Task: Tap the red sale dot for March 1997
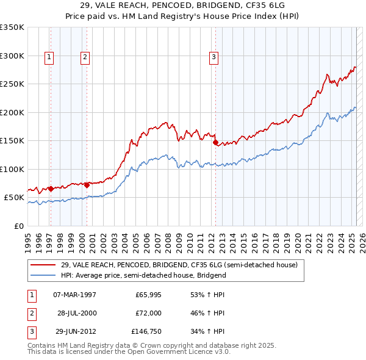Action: click(x=51, y=189)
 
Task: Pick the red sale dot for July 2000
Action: click(x=87, y=185)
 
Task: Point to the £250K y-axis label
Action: click(x=12, y=84)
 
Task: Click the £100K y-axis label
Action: click(x=12, y=169)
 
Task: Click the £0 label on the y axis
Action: click(x=18, y=226)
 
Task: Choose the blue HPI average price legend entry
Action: click(x=143, y=275)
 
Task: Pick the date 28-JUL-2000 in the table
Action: click(x=77, y=313)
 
